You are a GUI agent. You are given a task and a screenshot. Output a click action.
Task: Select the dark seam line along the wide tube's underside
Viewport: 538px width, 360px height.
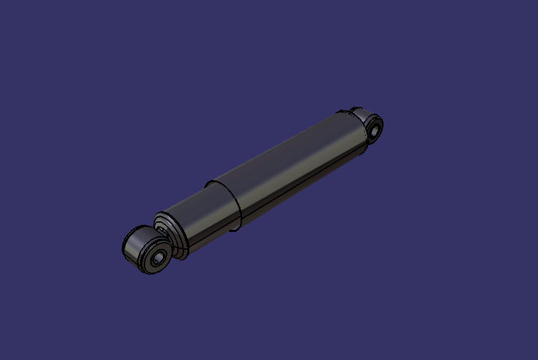pos(299,189)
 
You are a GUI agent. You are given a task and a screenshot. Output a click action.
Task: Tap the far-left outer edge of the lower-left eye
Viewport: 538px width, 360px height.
pos(124,247)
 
